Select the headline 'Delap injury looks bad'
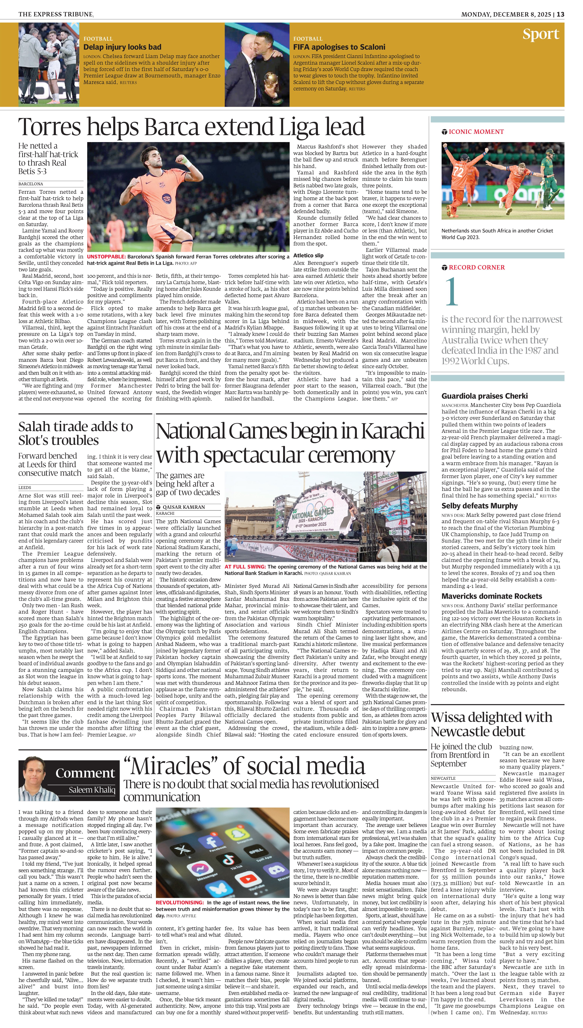point(122,47)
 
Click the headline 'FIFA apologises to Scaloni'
point(339,47)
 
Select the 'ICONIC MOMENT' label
point(476,132)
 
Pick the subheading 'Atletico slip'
point(308,255)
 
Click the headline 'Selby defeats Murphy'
point(479,506)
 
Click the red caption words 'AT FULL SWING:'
point(245,567)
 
